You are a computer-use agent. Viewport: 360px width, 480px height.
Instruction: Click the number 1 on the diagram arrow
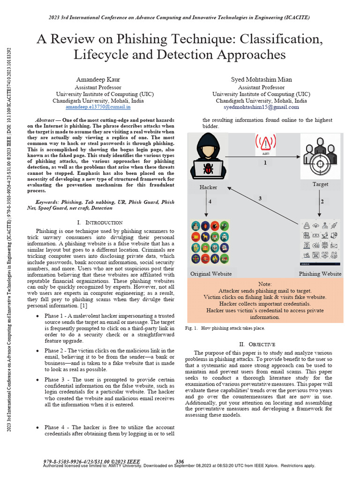pyautogui.click(x=265, y=163)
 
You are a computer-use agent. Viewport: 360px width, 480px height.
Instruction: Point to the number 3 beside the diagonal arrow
pyautogui.click(x=260, y=199)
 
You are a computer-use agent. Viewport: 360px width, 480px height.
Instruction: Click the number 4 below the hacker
pyautogui.click(x=210, y=202)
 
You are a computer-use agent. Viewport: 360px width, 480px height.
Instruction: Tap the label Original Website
pyautogui.click(x=210, y=274)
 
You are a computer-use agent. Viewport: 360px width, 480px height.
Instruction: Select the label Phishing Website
pyautogui.click(x=321, y=274)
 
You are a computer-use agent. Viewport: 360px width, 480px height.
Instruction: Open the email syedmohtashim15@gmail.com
pyautogui.click(x=261, y=107)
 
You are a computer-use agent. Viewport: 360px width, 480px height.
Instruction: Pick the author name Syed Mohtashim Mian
pyautogui.click(x=261, y=80)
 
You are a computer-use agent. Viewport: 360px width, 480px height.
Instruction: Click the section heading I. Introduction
pyautogui.click(x=100, y=222)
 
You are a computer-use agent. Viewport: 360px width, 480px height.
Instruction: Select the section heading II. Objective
pyautogui.click(x=259, y=344)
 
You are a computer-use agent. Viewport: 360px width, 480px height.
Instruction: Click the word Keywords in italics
pyautogui.click(x=48, y=202)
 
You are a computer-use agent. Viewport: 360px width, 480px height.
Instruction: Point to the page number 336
pyautogui.click(x=180, y=461)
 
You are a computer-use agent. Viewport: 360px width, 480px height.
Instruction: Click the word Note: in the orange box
pyautogui.click(x=265, y=285)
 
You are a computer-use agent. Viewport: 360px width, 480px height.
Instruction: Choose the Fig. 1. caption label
pyautogui.click(x=192, y=329)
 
